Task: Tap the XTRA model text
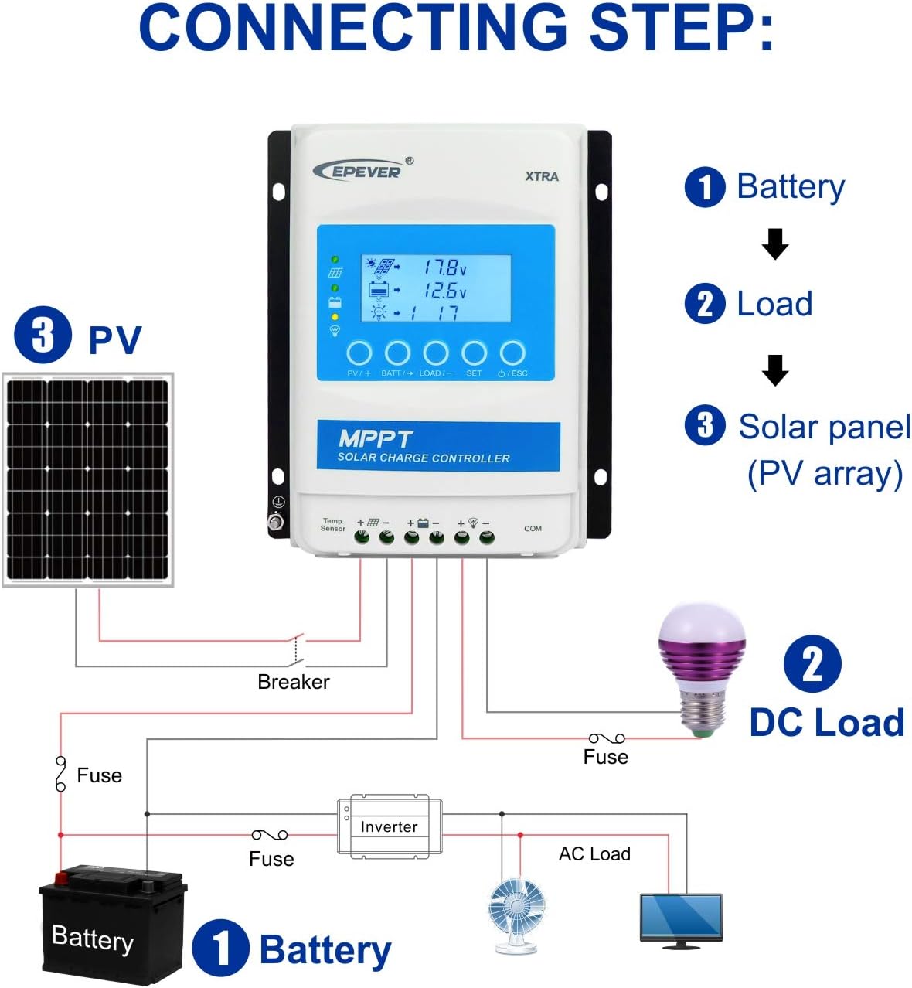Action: (x=542, y=176)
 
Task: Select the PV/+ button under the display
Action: (x=359, y=353)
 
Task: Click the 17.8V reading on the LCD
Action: (x=444, y=267)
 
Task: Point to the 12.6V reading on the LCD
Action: (x=444, y=291)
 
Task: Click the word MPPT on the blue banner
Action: (x=376, y=439)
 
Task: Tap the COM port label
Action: (x=533, y=529)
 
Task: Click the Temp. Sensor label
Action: (x=333, y=525)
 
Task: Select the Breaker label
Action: (x=293, y=682)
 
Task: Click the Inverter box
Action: (x=390, y=826)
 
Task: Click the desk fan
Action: (x=517, y=913)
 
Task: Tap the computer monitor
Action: (x=681, y=918)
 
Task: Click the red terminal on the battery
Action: (x=60, y=877)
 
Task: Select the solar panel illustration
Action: (x=87, y=479)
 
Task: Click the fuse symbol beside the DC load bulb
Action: (x=607, y=738)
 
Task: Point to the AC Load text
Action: (x=594, y=853)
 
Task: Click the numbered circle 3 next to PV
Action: (x=43, y=336)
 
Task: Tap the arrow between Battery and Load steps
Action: (x=774, y=244)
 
